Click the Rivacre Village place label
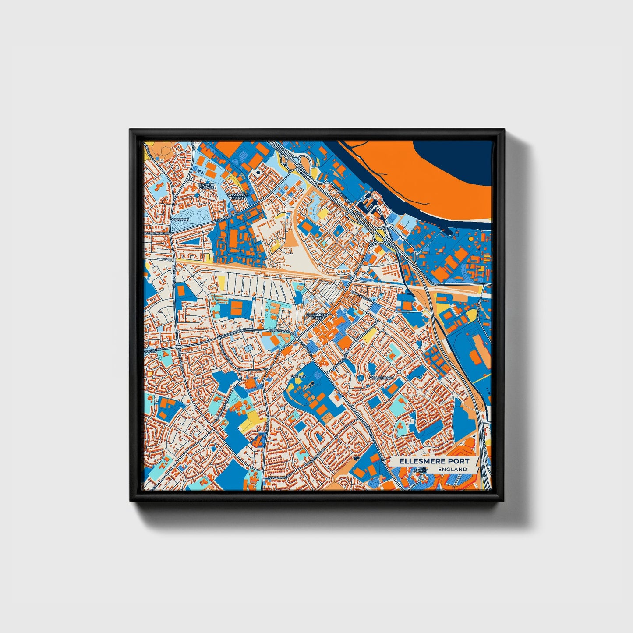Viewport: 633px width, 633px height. [207, 186]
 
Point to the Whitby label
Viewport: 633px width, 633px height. [297, 376]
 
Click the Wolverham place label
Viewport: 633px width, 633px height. [381, 377]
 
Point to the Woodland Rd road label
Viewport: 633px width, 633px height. [276, 477]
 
